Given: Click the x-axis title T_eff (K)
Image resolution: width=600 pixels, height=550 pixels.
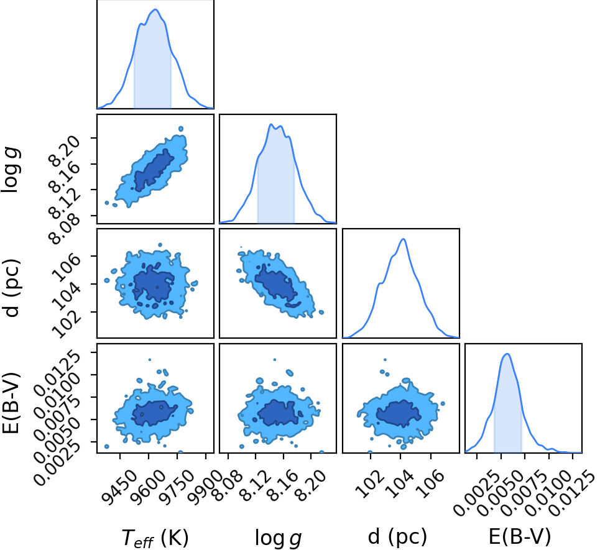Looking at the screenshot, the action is coord(155,538).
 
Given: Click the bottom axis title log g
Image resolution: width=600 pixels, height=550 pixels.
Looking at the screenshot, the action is coord(278,538).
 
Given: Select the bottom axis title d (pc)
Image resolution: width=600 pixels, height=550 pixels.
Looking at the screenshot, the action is coord(397,536).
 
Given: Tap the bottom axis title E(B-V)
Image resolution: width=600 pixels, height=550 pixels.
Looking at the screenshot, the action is coord(520,536).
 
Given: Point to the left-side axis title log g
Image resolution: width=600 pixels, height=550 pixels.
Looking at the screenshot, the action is coord(11,170).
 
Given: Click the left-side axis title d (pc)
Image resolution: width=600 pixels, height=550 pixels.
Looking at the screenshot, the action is coord(11,288).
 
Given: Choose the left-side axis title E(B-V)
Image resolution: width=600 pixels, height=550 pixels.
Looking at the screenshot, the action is coord(11,401).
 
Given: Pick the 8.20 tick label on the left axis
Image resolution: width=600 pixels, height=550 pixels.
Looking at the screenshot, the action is coord(65,150).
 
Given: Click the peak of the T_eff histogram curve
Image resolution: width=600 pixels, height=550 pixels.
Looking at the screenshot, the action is coord(155,9).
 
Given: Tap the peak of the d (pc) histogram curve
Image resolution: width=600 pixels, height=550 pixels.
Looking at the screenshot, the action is coord(403,239).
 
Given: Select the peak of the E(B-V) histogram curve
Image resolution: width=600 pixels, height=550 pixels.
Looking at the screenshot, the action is coord(507,354).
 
